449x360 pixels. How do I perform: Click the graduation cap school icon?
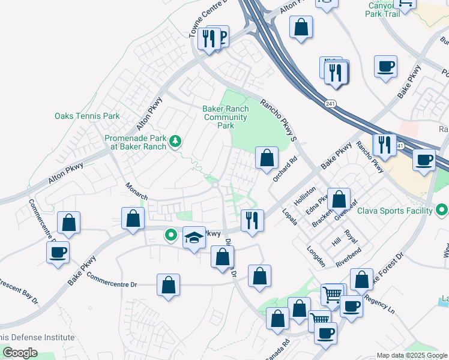coord(194,239)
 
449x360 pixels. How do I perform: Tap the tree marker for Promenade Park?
coord(175,142)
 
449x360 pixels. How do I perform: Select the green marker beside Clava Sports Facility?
coord(442,210)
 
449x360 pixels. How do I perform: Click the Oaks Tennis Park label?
coord(87,116)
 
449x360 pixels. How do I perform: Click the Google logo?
coord(20,352)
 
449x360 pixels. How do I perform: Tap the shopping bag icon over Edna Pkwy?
coord(339,199)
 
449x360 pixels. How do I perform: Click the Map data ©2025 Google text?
coord(411,355)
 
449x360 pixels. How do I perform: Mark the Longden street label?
coord(316,256)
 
